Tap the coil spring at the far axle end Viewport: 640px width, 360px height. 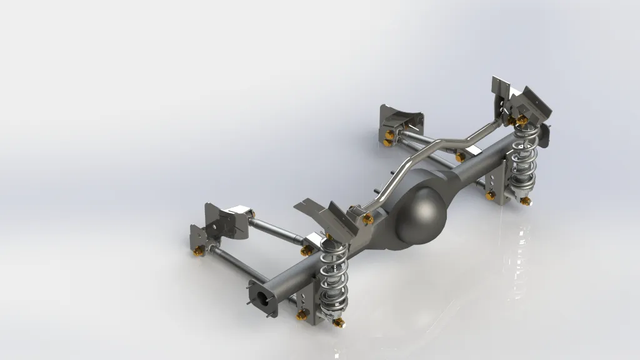(524, 159)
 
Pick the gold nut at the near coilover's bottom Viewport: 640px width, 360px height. (338, 322)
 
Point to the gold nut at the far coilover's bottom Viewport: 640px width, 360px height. (526, 201)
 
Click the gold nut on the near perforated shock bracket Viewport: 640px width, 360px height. (303, 314)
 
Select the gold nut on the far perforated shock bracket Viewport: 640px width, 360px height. (491, 196)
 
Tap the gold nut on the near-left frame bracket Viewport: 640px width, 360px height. (199, 251)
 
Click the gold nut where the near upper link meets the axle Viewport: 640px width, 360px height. (306, 251)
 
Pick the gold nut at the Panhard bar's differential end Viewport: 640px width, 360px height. (368, 218)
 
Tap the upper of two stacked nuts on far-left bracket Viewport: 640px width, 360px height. (389, 134)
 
